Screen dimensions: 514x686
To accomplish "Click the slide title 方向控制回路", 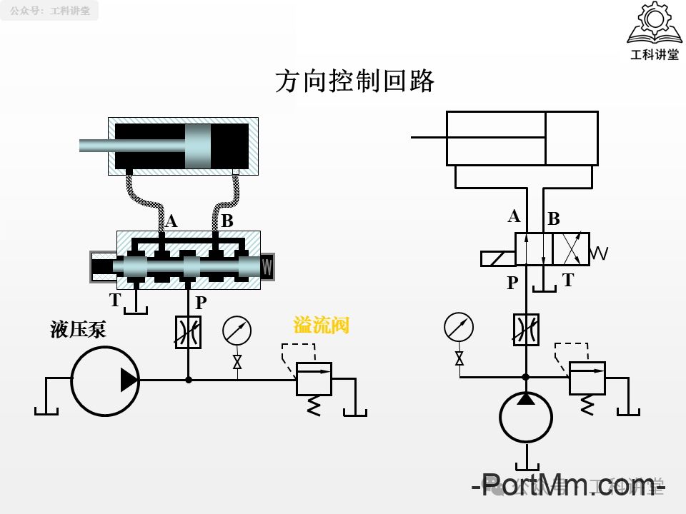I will (x=355, y=81).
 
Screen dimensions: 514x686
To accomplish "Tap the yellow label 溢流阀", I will (x=322, y=326).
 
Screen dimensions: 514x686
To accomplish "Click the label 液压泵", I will (x=78, y=329).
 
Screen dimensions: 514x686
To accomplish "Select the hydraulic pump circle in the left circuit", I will (x=105, y=381).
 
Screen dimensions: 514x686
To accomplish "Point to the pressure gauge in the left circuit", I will (x=237, y=331).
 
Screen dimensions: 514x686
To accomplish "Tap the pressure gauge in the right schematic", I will (x=459, y=327).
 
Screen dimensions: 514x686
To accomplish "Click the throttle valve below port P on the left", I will (x=189, y=332).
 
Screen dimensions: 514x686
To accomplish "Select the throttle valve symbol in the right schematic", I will (x=526, y=329).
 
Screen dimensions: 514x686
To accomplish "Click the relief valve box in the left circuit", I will (x=314, y=379).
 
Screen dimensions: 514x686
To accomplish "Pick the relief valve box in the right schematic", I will (x=587, y=378).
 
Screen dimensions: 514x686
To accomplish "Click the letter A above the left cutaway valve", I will (x=171, y=221).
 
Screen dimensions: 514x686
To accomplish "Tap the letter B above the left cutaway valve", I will (x=227, y=221).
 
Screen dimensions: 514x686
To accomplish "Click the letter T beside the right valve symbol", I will (x=568, y=281).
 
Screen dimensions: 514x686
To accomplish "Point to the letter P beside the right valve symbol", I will (x=512, y=283).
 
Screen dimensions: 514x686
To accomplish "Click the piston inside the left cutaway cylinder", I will (x=198, y=146).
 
